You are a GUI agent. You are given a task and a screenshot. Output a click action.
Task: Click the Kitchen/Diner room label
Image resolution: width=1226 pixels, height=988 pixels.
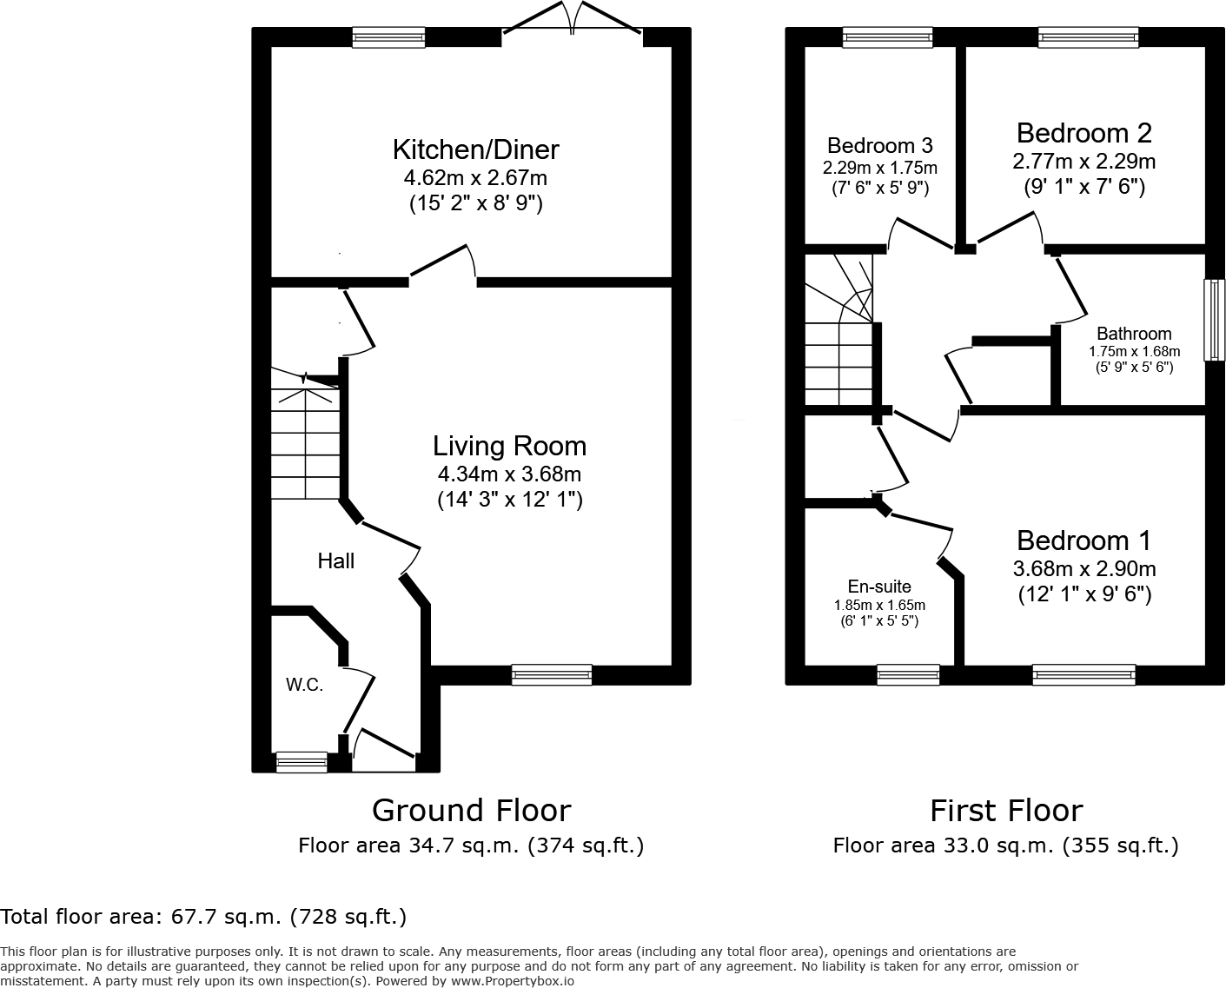point(475,149)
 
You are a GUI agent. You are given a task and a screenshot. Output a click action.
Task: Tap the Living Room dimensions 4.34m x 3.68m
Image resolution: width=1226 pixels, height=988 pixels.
point(509,474)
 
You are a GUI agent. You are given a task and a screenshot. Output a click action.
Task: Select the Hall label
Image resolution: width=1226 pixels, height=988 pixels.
point(335,561)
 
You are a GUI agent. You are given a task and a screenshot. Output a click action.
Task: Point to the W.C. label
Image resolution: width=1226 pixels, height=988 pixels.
point(304,685)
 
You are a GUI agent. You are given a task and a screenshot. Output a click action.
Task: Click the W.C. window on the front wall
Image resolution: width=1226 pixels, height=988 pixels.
point(302,762)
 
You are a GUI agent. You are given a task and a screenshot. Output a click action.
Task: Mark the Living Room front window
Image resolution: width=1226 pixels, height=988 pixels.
point(552,674)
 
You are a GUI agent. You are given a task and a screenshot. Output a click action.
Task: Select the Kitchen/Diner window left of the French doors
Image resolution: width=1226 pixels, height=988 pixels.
point(388,37)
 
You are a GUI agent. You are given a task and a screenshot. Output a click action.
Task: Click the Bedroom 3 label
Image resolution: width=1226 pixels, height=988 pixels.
point(879,145)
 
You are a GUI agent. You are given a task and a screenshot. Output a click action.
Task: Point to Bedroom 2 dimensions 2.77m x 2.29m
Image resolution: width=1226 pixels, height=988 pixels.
point(1084,162)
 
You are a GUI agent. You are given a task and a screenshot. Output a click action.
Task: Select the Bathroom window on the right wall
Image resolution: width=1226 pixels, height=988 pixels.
point(1214,319)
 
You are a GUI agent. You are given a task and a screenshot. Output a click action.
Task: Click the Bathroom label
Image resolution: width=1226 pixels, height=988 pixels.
point(1133,334)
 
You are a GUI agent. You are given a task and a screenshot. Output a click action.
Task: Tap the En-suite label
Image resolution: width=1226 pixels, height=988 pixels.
point(879,587)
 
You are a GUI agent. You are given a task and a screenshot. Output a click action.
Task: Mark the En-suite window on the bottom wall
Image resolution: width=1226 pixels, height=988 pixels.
point(908,674)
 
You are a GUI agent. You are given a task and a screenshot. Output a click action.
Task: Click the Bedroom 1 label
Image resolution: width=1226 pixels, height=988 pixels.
point(1084,540)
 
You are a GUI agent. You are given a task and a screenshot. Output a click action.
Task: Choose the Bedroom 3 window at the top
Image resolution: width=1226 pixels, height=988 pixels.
point(887,37)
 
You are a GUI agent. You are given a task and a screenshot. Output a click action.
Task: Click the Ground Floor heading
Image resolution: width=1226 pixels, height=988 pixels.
point(471,811)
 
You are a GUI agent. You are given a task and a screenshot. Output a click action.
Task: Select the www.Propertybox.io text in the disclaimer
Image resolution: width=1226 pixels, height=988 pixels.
point(512,980)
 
